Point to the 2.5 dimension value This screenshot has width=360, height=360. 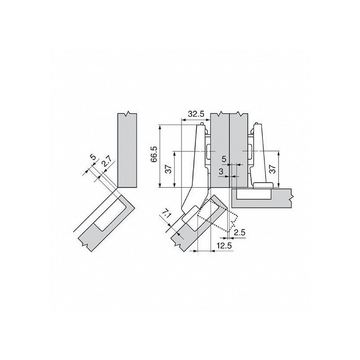pyautogui.click(x=239, y=233)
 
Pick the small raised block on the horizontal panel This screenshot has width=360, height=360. pyautogui.click(x=264, y=185)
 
